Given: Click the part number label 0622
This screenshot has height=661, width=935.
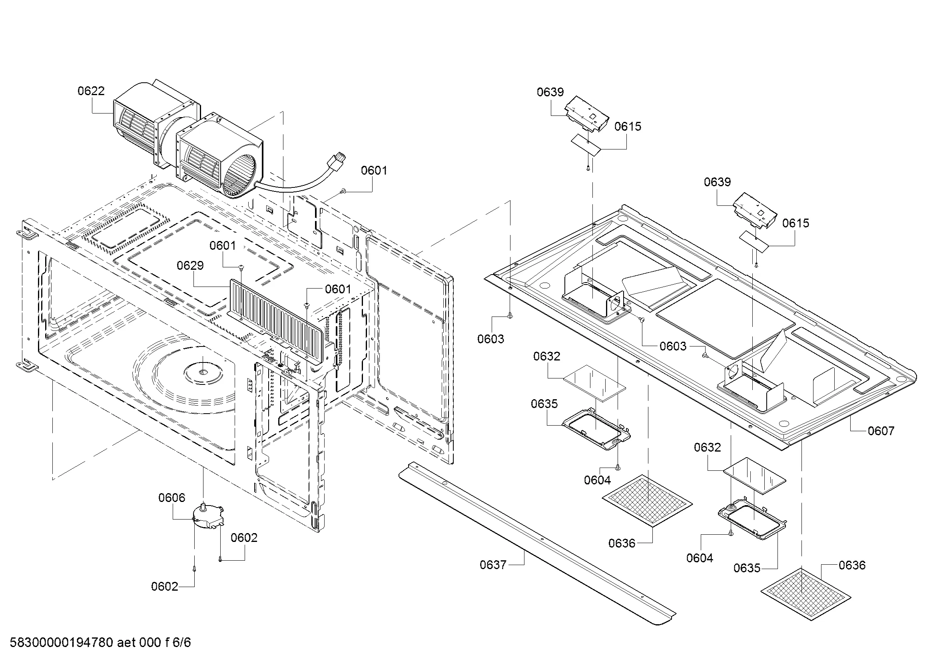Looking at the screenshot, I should point(91,91).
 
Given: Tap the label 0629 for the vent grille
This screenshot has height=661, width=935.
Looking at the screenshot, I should point(190,266).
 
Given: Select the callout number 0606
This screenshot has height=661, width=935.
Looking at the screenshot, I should point(171,498).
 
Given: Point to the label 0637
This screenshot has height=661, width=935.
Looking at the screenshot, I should point(493,565).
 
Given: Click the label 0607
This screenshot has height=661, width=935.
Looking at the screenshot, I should point(881,431).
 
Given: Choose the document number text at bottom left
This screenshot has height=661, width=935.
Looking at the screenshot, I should point(100,643).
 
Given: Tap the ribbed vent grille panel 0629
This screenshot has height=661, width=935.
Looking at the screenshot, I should point(277,322).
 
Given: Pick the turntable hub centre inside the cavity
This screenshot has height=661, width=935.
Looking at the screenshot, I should point(203,371).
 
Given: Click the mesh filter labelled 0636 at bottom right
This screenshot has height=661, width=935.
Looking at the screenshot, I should point(805,594).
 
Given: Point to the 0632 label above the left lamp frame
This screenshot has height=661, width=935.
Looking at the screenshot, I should point(546,356).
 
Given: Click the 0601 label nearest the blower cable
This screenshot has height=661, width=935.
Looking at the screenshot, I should point(373,171).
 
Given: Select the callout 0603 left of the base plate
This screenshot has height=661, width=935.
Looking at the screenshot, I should point(490,339).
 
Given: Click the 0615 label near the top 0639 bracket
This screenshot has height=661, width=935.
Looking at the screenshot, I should point(628,127).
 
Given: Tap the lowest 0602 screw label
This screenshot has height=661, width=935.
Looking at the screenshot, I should point(165,587).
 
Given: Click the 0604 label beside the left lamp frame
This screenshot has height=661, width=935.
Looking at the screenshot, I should point(597,480).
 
